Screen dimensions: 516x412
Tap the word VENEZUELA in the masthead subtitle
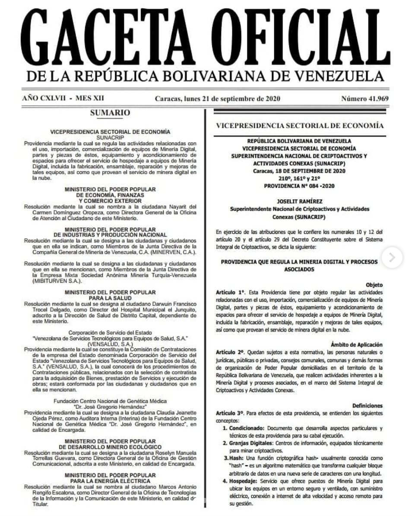click(x=341, y=76)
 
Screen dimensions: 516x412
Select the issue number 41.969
click(x=364, y=99)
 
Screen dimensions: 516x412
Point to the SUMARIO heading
click(x=110, y=113)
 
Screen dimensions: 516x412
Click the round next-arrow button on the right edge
click(x=392, y=258)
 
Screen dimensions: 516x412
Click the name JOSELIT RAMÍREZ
click(x=299, y=201)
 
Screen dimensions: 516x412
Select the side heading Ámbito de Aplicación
click(x=356, y=345)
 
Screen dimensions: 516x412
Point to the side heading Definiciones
click(x=367, y=406)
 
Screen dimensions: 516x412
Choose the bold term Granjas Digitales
click(x=251, y=443)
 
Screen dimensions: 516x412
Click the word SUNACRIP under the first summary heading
click(x=110, y=137)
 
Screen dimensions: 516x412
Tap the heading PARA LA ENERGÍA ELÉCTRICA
click(x=110, y=481)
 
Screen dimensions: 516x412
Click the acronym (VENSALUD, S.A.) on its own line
click(x=110, y=344)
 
